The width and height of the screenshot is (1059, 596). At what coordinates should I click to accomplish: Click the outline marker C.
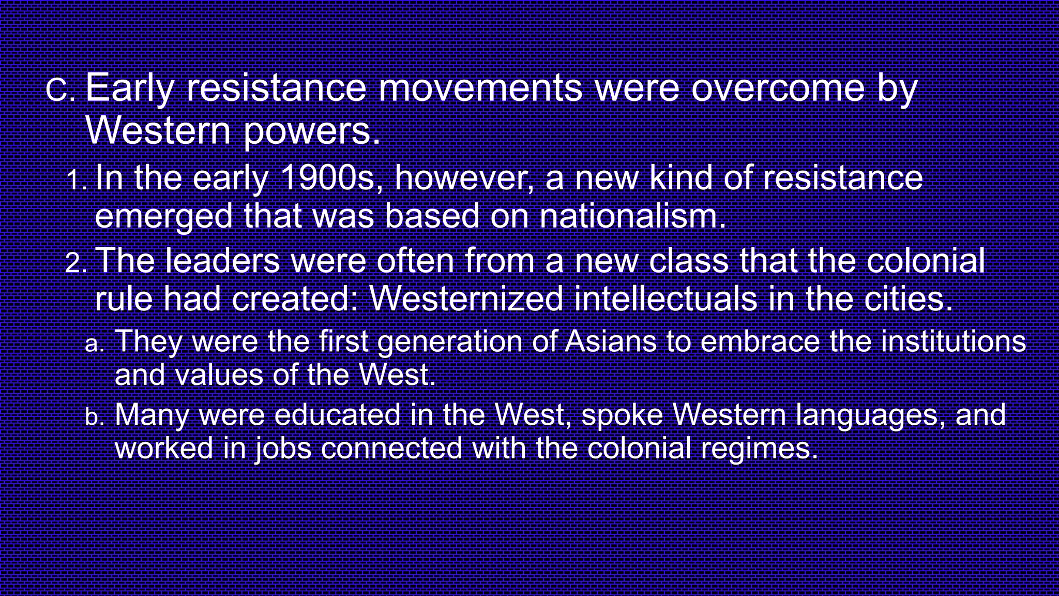tap(60, 91)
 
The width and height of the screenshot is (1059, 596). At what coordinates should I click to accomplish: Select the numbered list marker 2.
tap(76, 263)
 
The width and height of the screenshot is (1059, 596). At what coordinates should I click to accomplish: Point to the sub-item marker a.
tap(94, 344)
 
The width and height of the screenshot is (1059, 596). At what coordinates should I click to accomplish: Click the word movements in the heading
tap(480, 88)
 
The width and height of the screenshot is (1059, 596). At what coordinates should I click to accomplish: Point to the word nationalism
tap(632, 216)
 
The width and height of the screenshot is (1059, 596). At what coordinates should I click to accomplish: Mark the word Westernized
tap(466, 299)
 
